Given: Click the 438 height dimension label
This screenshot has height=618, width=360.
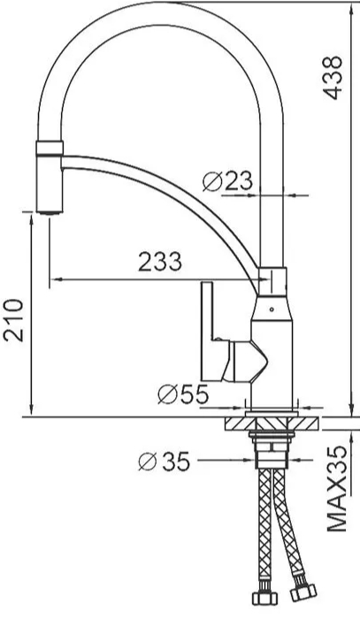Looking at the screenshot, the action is coord(333,78).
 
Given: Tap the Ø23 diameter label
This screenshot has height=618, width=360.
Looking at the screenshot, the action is coord(227,182).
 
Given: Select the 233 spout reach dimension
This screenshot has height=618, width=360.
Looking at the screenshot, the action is coord(160,261).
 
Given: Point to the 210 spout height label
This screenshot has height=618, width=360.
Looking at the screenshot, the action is coord(14,320).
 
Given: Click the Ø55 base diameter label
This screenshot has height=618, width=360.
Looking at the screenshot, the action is coord(183,393).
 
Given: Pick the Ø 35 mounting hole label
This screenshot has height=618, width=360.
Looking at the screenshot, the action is coord(165,462).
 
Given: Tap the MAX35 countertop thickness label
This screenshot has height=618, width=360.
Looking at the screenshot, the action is coord(336,489).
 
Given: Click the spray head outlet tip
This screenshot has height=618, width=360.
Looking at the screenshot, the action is coord(50,212).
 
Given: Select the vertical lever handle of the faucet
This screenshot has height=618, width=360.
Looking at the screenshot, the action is coord(207,332).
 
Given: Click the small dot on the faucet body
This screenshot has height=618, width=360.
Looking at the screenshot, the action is coord(272,309).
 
